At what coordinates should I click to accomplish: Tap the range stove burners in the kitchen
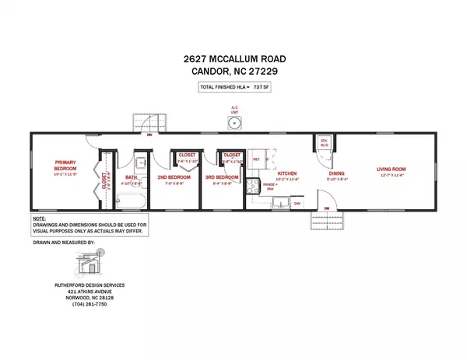point(254,187)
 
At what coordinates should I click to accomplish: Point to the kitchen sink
point(273,204)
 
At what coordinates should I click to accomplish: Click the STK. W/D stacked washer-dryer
point(325,144)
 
